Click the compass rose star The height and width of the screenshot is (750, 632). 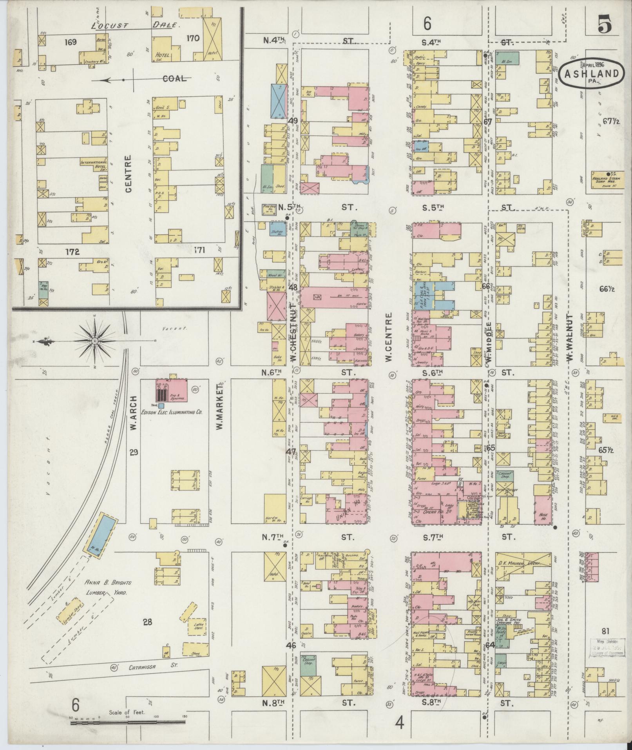(x=94, y=341)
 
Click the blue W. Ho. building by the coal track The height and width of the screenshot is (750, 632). (x=100, y=534)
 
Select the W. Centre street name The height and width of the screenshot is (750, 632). (x=389, y=337)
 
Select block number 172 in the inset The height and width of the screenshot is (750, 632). (x=73, y=252)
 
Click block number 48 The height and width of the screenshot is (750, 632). (x=293, y=288)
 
